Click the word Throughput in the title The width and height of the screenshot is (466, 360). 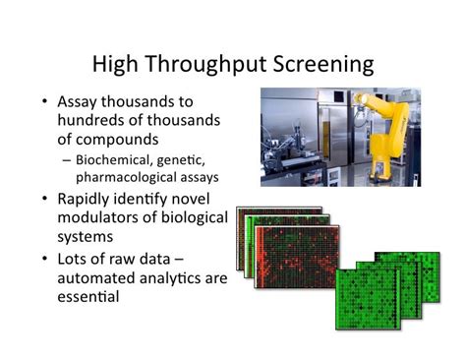tap(214, 65)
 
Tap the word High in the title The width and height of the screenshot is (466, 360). tap(116, 65)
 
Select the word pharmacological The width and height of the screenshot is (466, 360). tap(129, 177)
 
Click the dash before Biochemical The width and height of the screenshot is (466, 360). tap(65, 159)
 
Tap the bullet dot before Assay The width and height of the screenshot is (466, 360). tap(45, 101)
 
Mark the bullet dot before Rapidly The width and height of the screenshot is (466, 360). tap(45, 199)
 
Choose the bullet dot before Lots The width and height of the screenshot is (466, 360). tap(45, 259)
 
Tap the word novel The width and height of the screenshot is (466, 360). tap(201, 199)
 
